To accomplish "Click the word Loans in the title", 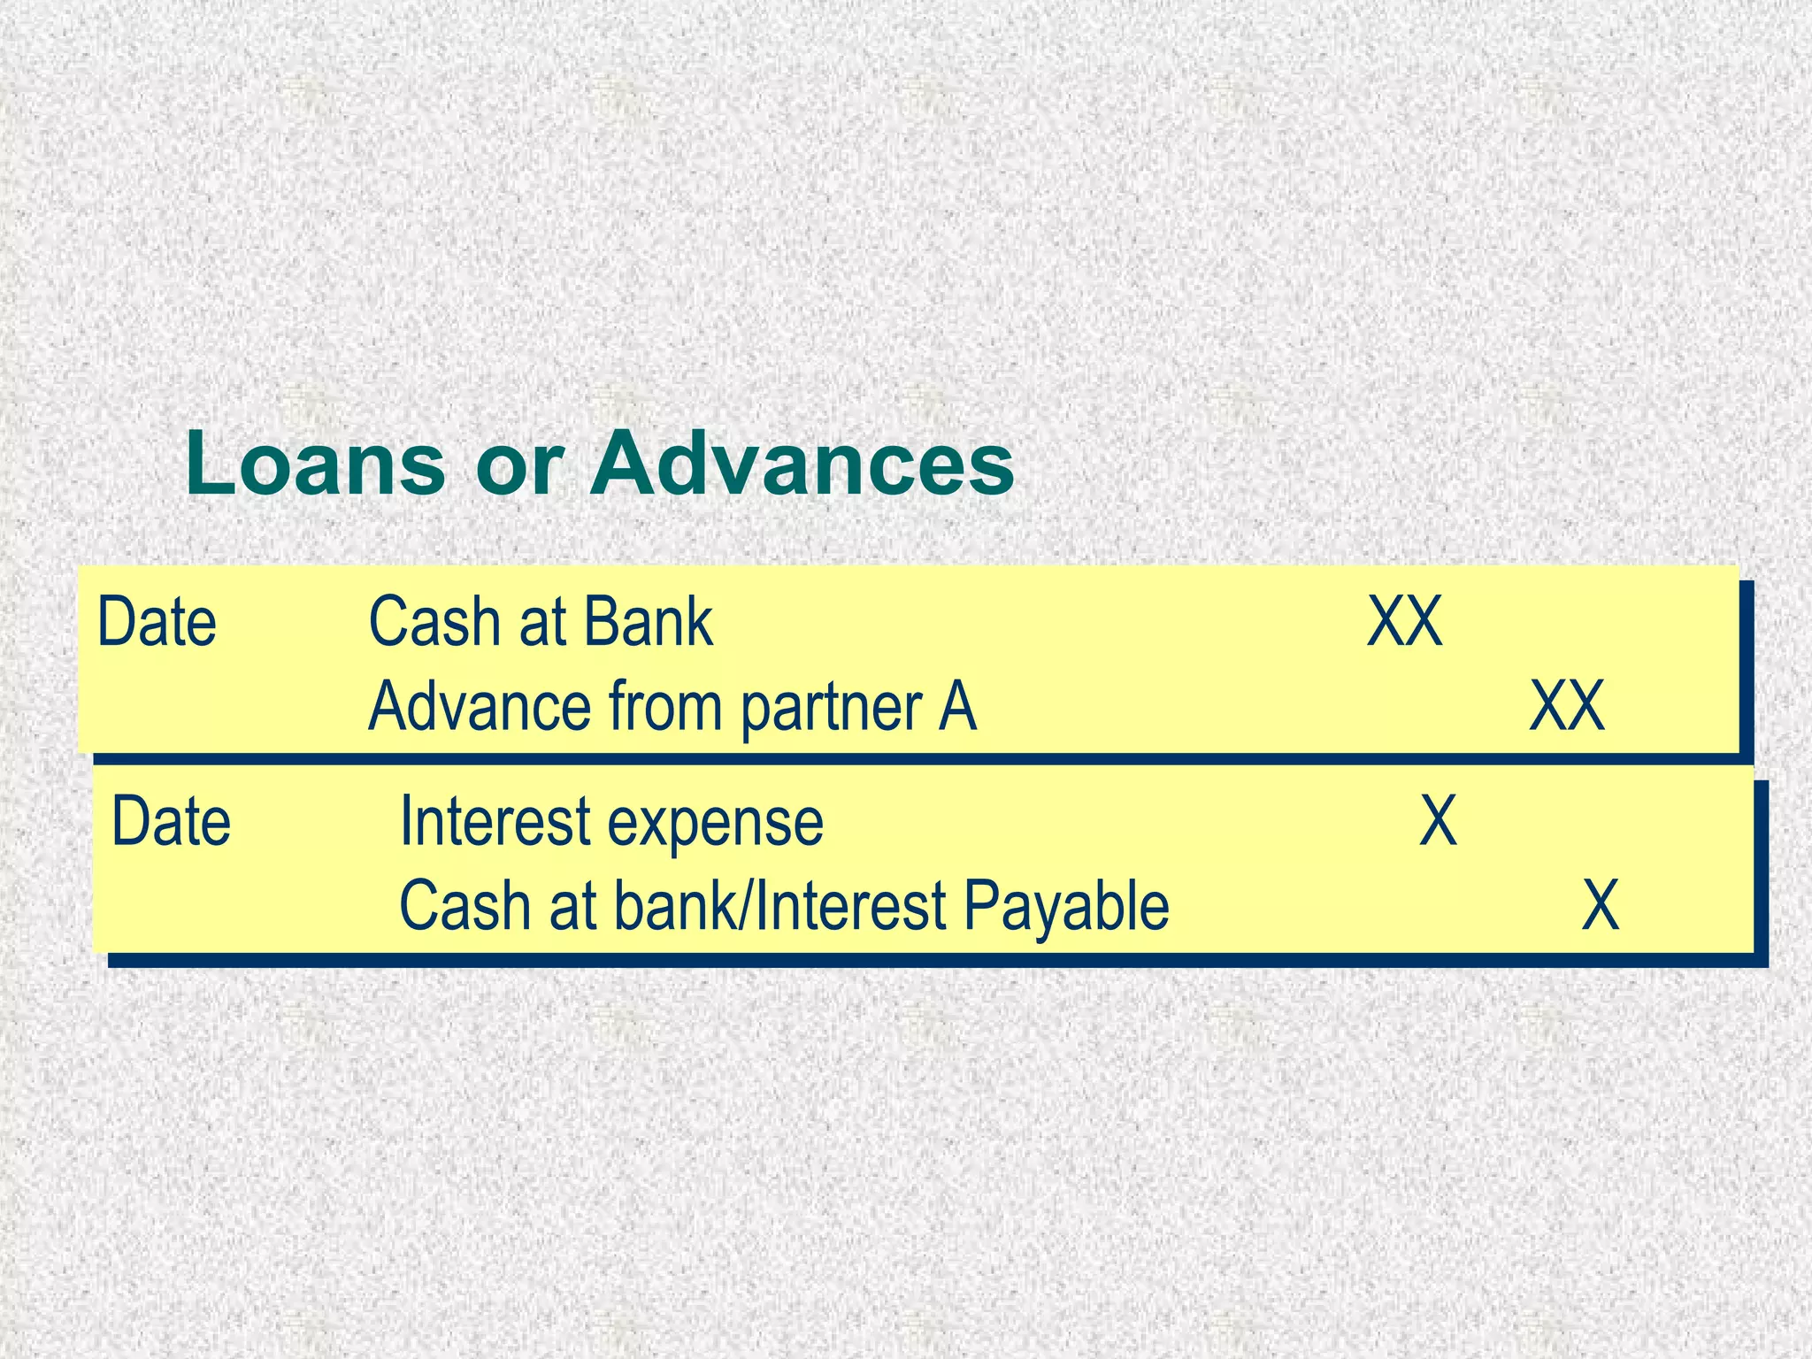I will point(315,464).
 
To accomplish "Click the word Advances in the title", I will point(802,464).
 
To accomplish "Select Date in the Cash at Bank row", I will point(157,622).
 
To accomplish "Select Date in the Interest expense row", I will point(172,822).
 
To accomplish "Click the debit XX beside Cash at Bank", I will point(1405,622).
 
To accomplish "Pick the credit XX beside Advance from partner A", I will point(1567,706).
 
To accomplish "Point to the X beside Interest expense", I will point(1439,822).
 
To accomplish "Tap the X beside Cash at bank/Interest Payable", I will point(1601,906).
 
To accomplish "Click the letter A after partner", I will point(957,706).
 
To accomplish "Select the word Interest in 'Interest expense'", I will point(495,822).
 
